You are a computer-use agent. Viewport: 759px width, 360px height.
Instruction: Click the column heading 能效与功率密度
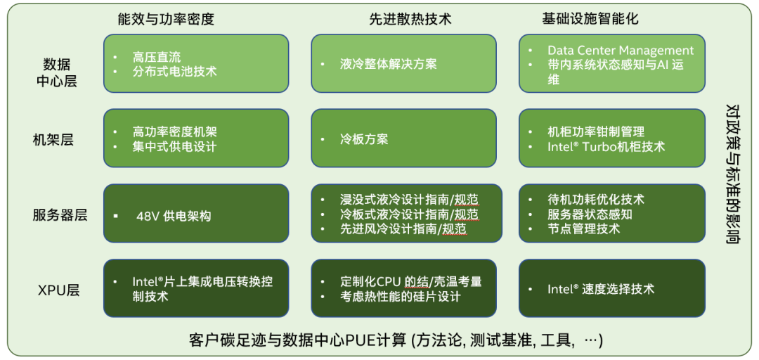pos(166,20)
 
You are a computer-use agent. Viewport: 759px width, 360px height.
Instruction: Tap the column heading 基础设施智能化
pos(590,19)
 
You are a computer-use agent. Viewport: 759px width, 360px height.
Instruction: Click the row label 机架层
pos(53,139)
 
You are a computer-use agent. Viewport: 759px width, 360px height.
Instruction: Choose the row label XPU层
pos(58,290)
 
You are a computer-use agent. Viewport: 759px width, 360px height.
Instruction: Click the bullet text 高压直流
pos(157,57)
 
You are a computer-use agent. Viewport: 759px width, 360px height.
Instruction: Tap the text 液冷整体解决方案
pos(388,64)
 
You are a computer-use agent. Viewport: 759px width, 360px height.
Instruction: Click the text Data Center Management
pos(621,51)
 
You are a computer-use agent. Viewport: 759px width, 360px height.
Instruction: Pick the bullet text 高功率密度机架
pos(175,132)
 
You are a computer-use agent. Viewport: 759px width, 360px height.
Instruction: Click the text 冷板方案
pos(364,139)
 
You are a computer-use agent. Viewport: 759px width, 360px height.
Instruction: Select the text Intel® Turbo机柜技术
pos(606,147)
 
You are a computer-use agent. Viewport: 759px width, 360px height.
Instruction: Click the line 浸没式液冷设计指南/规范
pos(409,200)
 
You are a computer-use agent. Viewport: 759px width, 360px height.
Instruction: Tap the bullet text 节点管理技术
pos(583,229)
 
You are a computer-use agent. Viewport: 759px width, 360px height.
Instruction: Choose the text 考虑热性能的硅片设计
pos(401,297)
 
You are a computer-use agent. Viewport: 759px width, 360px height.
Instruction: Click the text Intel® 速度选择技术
pos(601,289)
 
